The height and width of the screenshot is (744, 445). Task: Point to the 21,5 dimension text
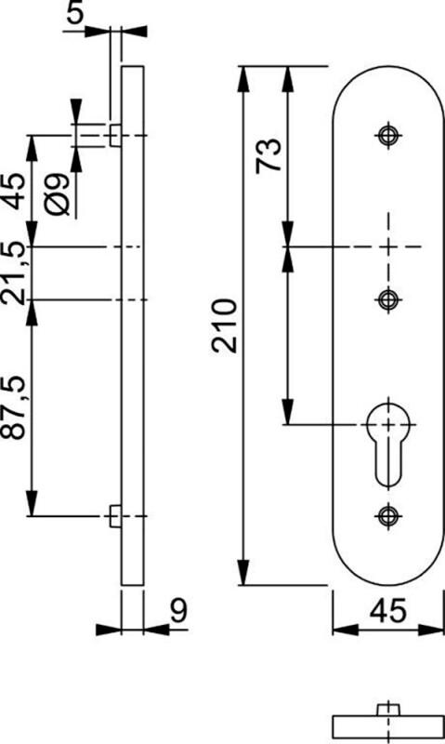14,273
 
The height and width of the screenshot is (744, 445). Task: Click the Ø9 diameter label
55,194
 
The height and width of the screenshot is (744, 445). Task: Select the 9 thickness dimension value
178,611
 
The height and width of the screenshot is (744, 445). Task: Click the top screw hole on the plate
388,135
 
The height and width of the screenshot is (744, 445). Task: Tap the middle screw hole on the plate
388,299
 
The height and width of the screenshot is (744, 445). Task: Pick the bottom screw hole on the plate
388,514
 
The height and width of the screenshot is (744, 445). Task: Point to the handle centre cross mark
388,246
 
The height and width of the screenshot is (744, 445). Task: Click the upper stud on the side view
114,136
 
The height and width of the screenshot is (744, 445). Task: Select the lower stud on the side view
114,515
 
